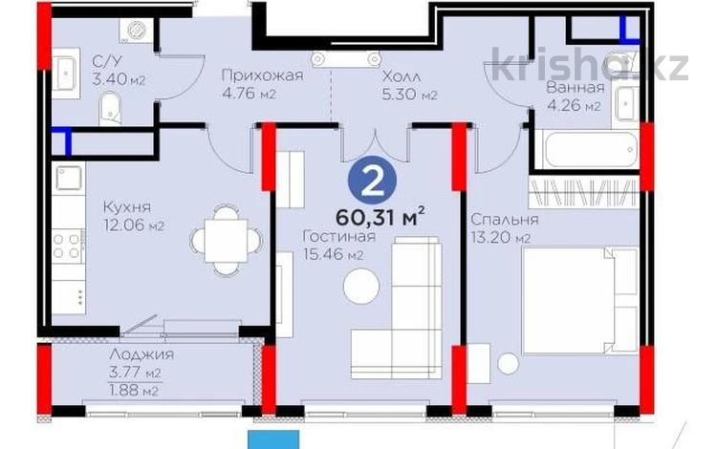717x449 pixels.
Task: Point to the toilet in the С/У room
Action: tap(109, 109)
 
